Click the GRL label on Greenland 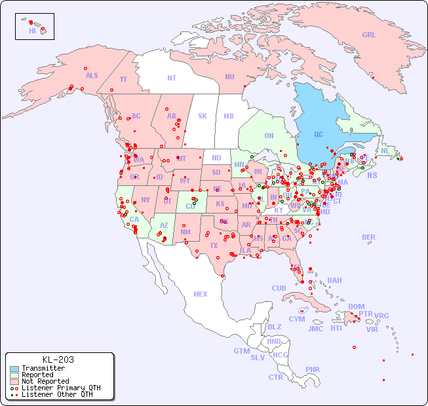pos(369,35)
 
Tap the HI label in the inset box pos(32,31)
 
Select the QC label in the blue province pos(319,135)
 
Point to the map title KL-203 pos(58,360)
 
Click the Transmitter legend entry pos(43,369)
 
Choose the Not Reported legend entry pos(45,381)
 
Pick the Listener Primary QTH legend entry pos(60,388)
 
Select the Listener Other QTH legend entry pos(56,394)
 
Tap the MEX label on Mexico pos(201,294)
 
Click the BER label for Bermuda pos(369,237)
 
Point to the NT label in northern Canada pos(172,77)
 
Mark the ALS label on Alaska pos(92,75)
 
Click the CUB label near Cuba pos(279,288)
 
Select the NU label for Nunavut pos(229,77)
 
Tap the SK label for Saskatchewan pos(203,116)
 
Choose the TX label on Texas pos(214,246)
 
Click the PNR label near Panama pos(313,369)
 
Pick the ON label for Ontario pos(269,136)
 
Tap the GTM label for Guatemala pos(242,351)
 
